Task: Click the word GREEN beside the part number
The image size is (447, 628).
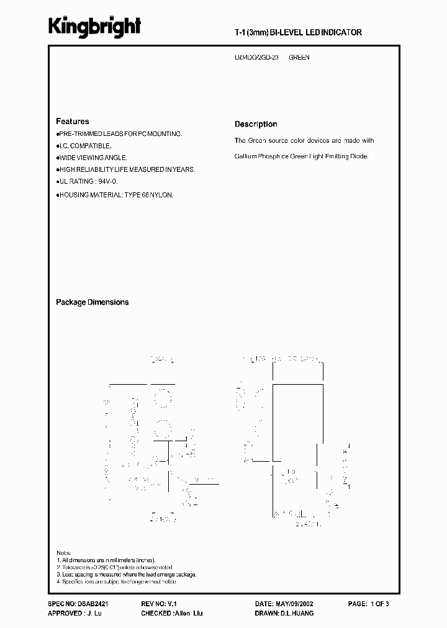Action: (299, 58)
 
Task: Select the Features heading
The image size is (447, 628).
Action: (72, 122)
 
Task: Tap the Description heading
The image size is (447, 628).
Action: (256, 124)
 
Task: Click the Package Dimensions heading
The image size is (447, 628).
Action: (92, 302)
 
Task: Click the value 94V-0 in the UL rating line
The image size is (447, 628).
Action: (107, 181)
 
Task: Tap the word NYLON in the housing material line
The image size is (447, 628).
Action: (161, 195)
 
